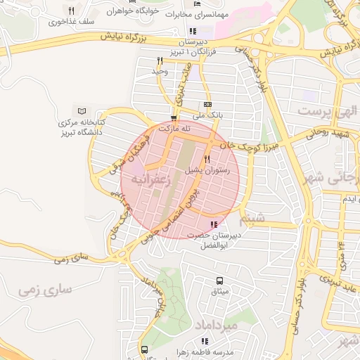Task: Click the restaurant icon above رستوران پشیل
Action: coord(207,159)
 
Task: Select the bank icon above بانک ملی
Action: coord(207,104)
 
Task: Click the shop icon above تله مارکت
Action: coord(174,118)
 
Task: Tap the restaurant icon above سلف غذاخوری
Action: coord(71,11)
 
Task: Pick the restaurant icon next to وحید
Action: coord(160,61)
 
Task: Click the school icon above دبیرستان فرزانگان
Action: coord(193,31)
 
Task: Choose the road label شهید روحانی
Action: coord(331,133)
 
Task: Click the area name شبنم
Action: coord(254,217)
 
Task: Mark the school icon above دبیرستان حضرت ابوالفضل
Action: coord(214,224)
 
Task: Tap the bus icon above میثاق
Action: coord(219,281)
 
